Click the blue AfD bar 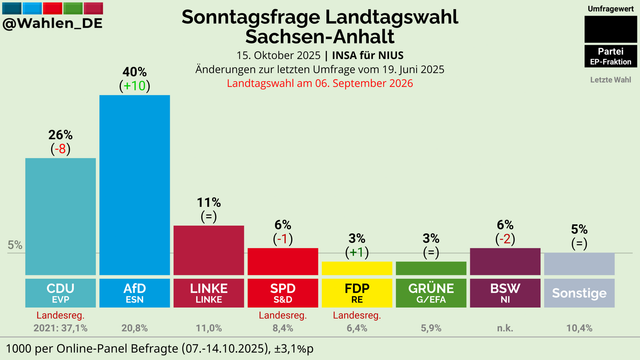pos(134,185)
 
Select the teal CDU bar pos(60,216)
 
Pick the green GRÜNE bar pos(430,268)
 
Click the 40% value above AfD pos(134,72)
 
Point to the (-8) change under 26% pos(60,149)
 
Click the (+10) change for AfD pos(134,87)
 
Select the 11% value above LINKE pos(208,201)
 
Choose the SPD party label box pos(282,293)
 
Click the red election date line pos(320,84)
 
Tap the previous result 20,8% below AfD pos(134,327)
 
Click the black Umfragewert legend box pos(610,29)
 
